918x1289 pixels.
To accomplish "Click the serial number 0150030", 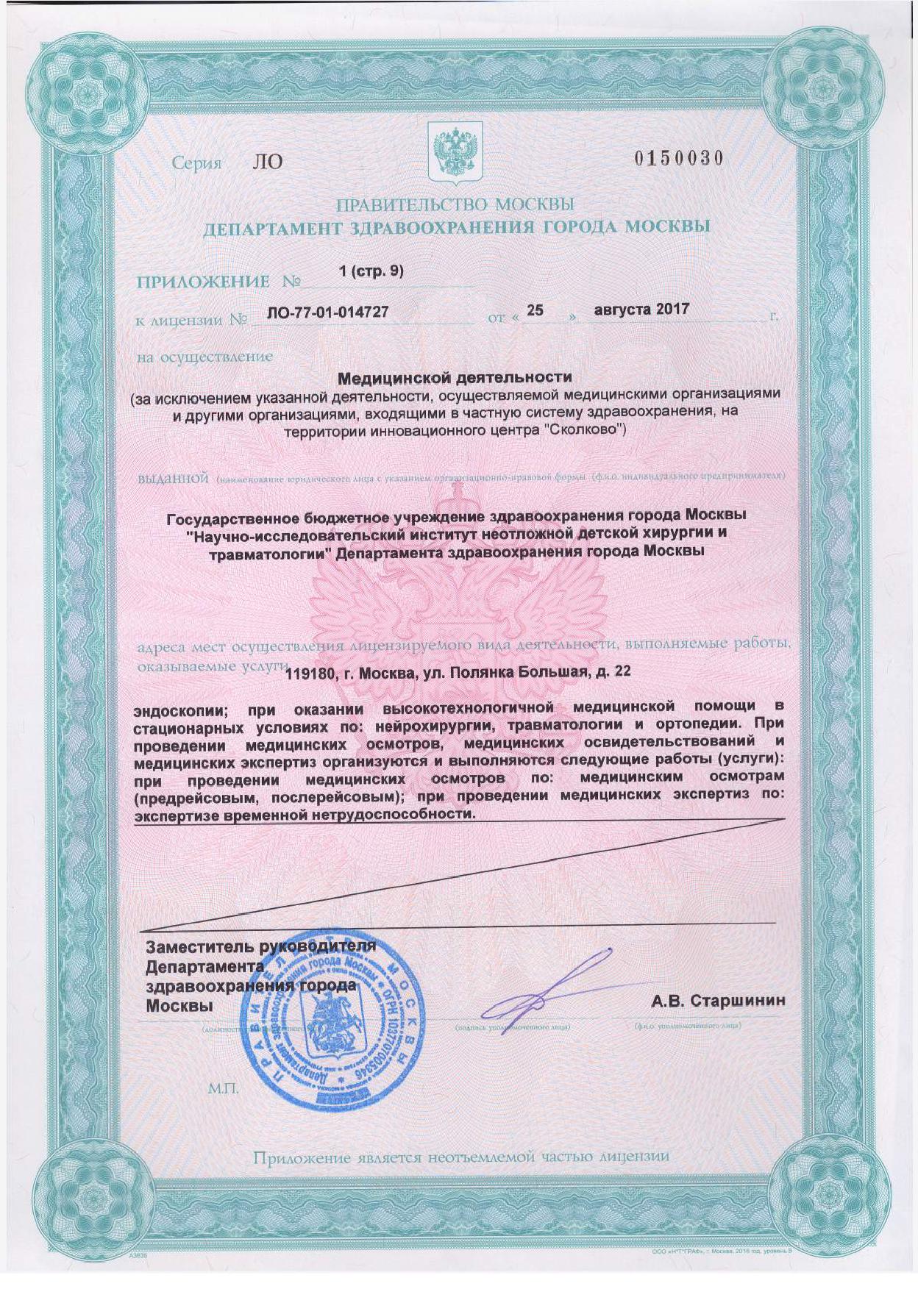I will (678, 160).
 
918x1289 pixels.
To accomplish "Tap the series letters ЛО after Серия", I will (267, 162).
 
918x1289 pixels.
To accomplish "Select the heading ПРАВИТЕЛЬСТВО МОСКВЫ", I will (455, 204).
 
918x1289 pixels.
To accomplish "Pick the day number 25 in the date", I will (535, 310).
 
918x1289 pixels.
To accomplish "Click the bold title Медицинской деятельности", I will (454, 378).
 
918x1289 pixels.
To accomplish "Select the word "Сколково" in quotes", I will (585, 429).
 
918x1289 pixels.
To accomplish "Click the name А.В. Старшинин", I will (717, 1001).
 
